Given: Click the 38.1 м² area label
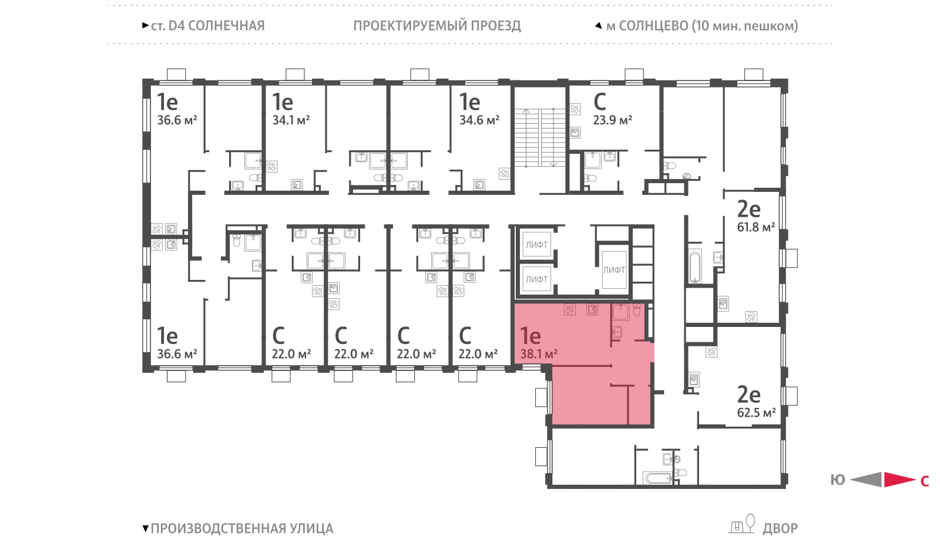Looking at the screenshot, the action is pos(539,355).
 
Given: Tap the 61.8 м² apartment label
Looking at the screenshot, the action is pos(756,227).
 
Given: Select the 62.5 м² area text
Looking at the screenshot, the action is pos(756,413).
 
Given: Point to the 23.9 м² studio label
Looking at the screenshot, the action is pos(612,120).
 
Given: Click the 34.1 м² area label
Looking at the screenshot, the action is pos(291,120).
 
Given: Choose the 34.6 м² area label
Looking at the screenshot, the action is pos(479,120).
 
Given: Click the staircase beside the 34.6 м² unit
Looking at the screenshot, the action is pos(540,138).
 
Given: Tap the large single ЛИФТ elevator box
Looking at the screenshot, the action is pos(614,269).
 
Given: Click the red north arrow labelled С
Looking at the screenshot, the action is pos(899,480).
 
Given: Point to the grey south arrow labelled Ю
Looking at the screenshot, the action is pos(866,480).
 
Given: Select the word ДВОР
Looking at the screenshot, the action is pos(780,528).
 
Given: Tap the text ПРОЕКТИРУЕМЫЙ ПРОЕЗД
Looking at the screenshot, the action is pos(437,26).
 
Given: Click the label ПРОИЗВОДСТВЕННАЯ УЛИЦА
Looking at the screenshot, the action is pos(242,528).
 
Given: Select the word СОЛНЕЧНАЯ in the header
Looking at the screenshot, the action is pos(227,26).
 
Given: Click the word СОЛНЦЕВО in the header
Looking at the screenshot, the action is pos(653,26).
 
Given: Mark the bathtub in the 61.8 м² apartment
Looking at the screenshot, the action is pos(695,266).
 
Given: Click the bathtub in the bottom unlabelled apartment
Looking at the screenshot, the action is pos(658,478).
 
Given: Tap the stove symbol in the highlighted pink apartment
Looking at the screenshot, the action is pos(569,310).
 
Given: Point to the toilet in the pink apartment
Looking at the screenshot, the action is pos(637,310).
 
